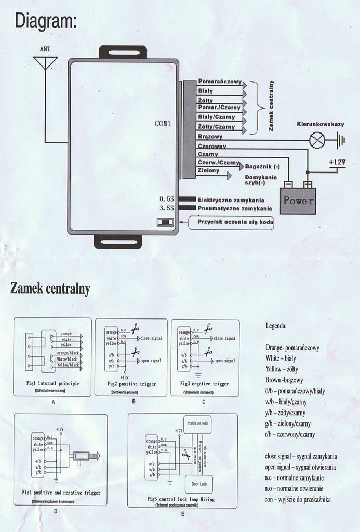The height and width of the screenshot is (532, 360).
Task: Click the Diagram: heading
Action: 46,21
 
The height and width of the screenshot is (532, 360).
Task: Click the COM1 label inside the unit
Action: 163,124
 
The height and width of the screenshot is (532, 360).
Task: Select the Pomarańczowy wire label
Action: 220,82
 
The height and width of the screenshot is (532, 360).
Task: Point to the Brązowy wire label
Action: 210,137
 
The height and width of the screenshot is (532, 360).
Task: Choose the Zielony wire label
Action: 209,170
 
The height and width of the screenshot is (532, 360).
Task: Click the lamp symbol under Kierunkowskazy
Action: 316,140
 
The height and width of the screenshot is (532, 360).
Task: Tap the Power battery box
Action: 298,201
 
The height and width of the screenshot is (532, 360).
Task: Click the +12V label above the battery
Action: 337,162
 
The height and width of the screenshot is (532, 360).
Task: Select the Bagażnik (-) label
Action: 262,166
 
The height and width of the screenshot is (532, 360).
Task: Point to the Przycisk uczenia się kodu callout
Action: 235,222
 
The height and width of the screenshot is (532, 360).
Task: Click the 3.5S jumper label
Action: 167,208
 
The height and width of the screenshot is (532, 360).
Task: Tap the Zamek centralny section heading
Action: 50,289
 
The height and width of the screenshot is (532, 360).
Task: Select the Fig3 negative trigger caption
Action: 204,384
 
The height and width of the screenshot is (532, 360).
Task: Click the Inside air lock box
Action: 197,423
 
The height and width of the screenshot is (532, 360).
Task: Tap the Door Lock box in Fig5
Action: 198,484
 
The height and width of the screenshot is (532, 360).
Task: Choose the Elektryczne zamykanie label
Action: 231,200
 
